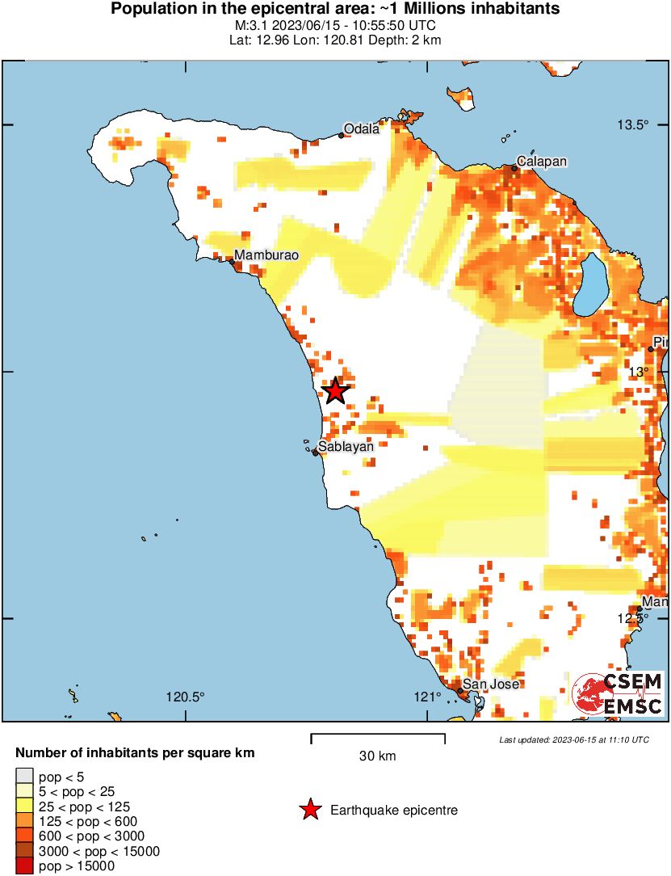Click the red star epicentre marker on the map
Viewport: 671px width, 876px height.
[335, 391]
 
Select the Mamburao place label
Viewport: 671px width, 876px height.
[266, 255]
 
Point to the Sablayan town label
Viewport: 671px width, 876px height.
[346, 445]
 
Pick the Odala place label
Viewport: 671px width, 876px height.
[361, 128]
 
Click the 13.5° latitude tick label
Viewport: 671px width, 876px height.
[633, 124]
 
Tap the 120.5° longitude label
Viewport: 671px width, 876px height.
[186, 697]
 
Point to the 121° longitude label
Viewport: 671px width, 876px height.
[426, 697]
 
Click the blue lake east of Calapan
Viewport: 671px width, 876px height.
[593, 284]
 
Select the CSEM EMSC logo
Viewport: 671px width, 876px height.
[618, 693]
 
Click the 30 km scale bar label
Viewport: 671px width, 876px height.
[377, 756]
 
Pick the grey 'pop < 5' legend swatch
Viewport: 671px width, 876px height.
[24, 777]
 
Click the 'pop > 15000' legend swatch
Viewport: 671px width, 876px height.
[24, 866]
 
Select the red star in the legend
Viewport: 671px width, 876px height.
[309, 810]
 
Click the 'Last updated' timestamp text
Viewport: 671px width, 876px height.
[573, 739]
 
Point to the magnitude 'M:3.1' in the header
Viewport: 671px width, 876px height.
[250, 25]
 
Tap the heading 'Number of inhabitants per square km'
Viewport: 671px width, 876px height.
[136, 753]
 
